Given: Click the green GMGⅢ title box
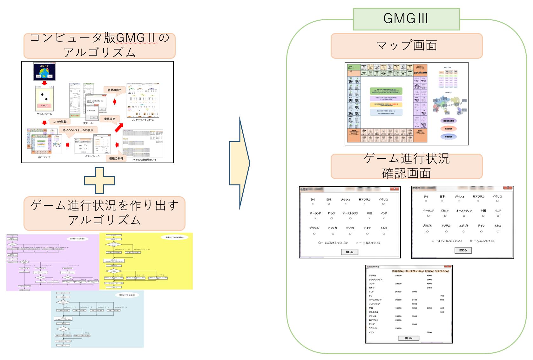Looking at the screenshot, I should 406,19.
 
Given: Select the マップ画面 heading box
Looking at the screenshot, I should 406,46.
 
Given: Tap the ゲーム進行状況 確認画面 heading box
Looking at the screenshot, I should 406,166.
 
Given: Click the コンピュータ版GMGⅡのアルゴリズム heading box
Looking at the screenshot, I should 99,46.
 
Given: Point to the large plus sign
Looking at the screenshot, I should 99,181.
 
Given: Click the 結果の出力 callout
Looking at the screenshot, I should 115,90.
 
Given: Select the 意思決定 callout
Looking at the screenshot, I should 110,119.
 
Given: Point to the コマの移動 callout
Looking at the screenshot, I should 60,122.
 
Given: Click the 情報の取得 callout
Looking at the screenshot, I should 116,158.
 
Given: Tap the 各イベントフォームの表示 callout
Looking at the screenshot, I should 78,130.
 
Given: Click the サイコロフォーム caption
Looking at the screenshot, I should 44,113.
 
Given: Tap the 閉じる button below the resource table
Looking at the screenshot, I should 408,338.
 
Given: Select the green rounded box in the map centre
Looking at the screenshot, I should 386,91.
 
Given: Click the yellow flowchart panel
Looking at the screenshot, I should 146,261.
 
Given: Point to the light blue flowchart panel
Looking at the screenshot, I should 97,319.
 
